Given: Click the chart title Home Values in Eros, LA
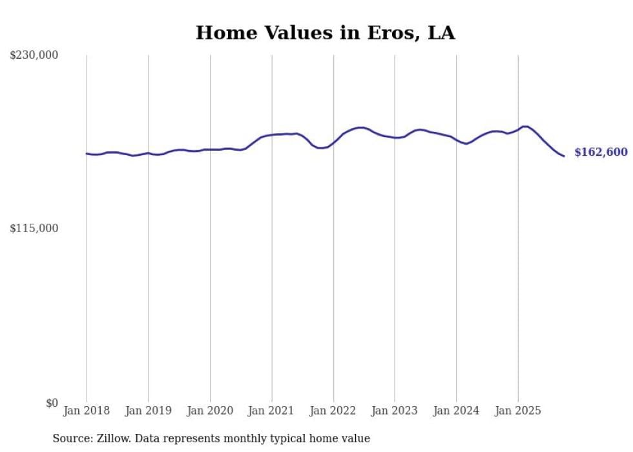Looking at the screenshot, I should tap(325, 33).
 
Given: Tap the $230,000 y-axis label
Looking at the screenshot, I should tap(34, 56).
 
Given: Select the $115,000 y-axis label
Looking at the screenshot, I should tap(34, 228).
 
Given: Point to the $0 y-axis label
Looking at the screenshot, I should tap(52, 403).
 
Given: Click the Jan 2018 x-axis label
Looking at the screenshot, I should tap(87, 411).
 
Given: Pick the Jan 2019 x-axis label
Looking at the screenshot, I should tap(148, 411).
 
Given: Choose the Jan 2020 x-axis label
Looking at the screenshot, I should tap(210, 411).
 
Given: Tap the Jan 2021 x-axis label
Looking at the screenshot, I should tap(271, 411).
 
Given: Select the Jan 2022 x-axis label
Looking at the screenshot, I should tap(333, 411).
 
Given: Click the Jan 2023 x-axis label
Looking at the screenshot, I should tap(395, 411).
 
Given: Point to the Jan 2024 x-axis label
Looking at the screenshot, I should tap(456, 411).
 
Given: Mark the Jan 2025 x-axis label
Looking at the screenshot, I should tap(518, 411).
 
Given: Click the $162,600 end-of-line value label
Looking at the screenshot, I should tap(601, 153).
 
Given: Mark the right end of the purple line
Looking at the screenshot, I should tap(564, 156).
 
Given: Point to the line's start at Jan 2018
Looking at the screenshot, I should tap(87, 153).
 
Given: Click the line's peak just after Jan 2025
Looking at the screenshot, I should tap(525, 126).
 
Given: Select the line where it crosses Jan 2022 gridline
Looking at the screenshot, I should tap(333, 142).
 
